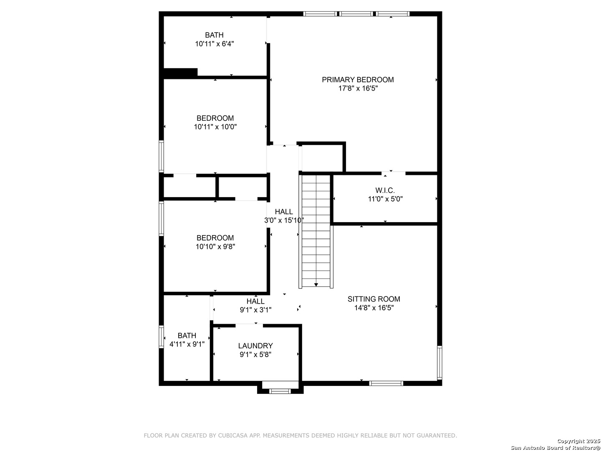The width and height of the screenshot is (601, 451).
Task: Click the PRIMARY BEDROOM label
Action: click(x=358, y=80)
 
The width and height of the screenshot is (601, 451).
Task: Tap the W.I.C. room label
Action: click(x=385, y=190)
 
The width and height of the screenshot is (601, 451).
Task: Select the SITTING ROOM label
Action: click(x=374, y=299)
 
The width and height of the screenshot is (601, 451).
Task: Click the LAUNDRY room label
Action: click(x=255, y=346)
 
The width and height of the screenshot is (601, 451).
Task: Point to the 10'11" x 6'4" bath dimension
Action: click(x=215, y=44)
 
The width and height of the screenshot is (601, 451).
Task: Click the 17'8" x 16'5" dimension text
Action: click(x=358, y=89)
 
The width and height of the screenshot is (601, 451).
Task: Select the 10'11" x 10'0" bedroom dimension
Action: click(x=215, y=127)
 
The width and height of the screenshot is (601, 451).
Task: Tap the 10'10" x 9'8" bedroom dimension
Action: click(x=215, y=247)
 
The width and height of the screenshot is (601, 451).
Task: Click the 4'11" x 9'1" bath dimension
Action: click(x=187, y=344)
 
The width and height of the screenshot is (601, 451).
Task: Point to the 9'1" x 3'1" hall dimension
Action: click(x=255, y=310)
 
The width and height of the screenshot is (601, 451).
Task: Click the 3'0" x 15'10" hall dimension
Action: click(x=284, y=220)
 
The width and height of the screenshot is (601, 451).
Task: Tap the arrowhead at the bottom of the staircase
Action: click(x=316, y=285)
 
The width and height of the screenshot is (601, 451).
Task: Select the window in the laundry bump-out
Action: click(x=280, y=391)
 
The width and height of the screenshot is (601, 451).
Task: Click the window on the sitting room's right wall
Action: click(x=439, y=362)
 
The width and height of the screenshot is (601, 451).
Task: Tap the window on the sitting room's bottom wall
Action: click(x=386, y=383)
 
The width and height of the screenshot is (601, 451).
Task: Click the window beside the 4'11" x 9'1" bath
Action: click(x=161, y=337)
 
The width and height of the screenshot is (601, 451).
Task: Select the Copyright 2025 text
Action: click(x=578, y=441)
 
